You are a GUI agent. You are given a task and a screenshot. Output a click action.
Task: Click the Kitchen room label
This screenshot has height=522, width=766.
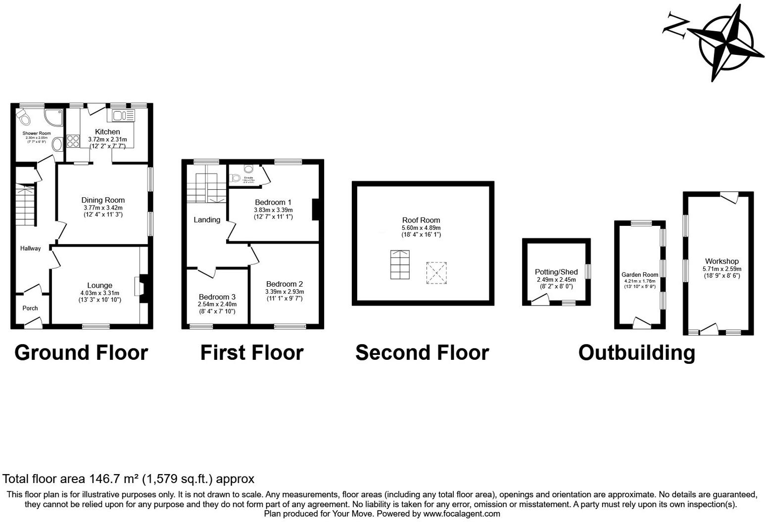(x=107, y=132)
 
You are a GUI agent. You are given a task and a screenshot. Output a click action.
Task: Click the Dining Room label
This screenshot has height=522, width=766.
(x=103, y=200)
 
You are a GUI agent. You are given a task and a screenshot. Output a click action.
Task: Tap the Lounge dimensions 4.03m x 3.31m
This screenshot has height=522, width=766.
(x=99, y=293)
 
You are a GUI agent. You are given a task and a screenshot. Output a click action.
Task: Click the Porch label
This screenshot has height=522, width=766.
(x=30, y=308)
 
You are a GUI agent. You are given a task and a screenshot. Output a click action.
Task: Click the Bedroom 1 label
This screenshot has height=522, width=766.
(x=273, y=202)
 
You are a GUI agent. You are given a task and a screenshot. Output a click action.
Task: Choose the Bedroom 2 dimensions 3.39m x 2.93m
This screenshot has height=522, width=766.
(x=284, y=292)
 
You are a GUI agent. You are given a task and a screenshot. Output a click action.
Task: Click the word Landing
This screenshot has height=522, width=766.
(x=207, y=220)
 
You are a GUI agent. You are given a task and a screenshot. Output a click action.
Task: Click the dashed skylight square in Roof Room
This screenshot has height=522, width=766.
(x=436, y=273)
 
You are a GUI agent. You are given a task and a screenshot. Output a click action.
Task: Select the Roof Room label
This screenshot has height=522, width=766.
(x=421, y=220)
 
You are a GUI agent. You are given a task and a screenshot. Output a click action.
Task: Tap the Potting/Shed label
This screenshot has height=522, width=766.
(x=556, y=272)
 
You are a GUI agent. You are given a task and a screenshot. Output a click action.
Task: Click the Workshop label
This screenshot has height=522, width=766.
(x=721, y=261)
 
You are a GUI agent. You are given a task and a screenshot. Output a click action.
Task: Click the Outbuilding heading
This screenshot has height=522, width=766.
(x=636, y=353)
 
